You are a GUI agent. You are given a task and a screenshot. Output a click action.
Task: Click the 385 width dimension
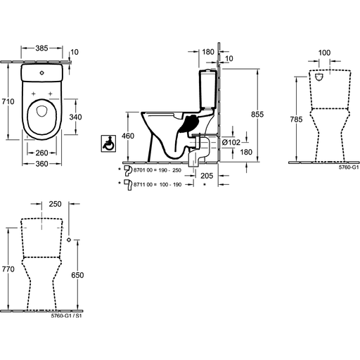41,48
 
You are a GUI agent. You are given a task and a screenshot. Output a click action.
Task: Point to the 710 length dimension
8,101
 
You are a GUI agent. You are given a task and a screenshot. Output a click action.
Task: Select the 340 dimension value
75,117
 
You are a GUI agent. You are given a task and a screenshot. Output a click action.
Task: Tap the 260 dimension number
41,153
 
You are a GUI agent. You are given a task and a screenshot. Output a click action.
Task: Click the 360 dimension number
41,164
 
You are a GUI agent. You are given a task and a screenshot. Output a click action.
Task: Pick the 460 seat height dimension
128,136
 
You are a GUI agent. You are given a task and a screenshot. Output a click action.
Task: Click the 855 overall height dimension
257,114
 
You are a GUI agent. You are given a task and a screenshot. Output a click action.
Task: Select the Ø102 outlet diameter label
231,142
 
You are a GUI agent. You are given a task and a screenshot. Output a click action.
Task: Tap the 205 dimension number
207,176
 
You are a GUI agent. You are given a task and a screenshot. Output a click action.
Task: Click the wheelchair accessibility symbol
108,143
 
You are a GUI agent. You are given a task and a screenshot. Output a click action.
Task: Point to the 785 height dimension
296,120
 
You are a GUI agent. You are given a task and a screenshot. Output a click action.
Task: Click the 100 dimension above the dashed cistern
324,53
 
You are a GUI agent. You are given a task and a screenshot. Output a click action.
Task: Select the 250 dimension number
55,204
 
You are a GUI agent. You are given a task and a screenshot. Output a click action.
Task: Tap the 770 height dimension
8,269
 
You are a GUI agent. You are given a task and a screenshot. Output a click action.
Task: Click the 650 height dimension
77,275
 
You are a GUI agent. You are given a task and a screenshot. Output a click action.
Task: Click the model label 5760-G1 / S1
66,316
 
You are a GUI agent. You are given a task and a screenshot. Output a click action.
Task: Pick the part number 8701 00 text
143,170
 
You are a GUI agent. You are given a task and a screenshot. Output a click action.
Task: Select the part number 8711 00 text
143,184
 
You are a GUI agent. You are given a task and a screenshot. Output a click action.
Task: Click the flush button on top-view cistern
41,73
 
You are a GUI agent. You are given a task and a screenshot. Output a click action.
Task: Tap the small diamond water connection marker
69,240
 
